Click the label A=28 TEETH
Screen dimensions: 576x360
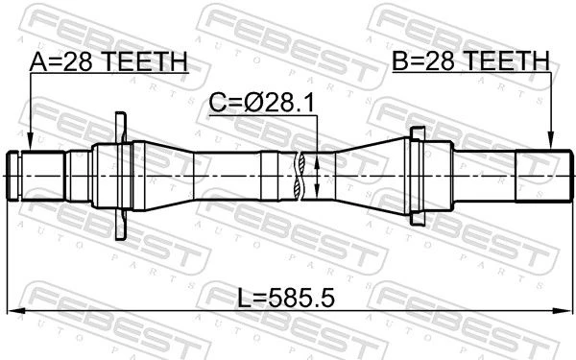[x=108, y=61]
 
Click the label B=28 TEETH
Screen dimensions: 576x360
[x=471, y=60]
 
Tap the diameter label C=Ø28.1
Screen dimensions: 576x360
[x=262, y=103]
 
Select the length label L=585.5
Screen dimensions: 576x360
[x=286, y=298]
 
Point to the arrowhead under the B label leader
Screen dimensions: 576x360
[x=550, y=141]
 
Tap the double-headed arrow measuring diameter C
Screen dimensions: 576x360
[x=317, y=177]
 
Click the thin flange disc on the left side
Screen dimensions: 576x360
[x=121, y=176]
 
